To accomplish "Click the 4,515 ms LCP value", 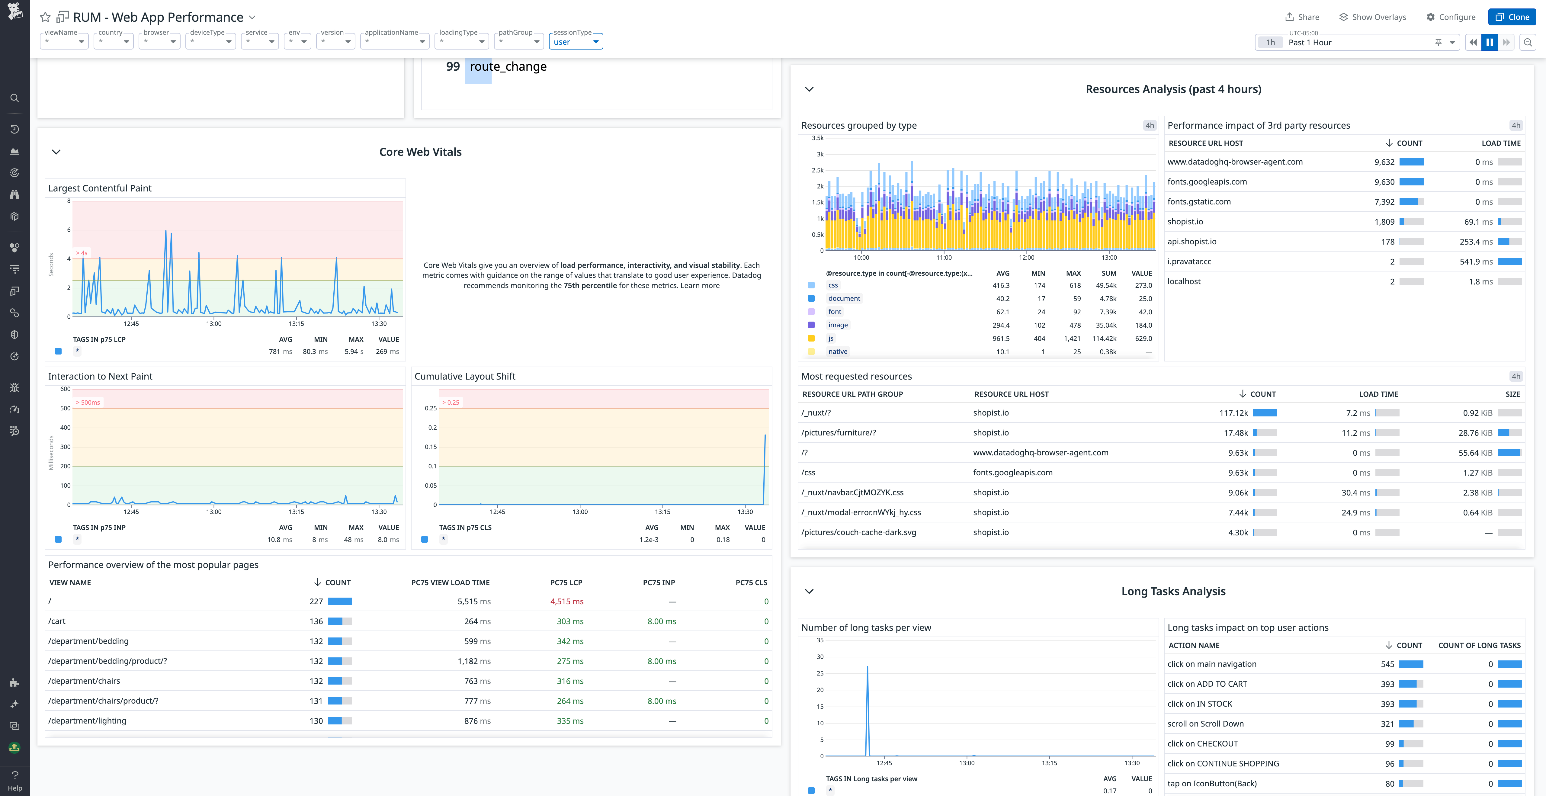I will (566, 602).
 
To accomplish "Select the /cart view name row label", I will (57, 621).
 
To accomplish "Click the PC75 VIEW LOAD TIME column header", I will (450, 582).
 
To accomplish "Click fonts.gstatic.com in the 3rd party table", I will (1198, 202).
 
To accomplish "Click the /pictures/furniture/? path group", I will (839, 433).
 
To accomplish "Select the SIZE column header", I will (1512, 394).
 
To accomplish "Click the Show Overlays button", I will (1373, 17).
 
